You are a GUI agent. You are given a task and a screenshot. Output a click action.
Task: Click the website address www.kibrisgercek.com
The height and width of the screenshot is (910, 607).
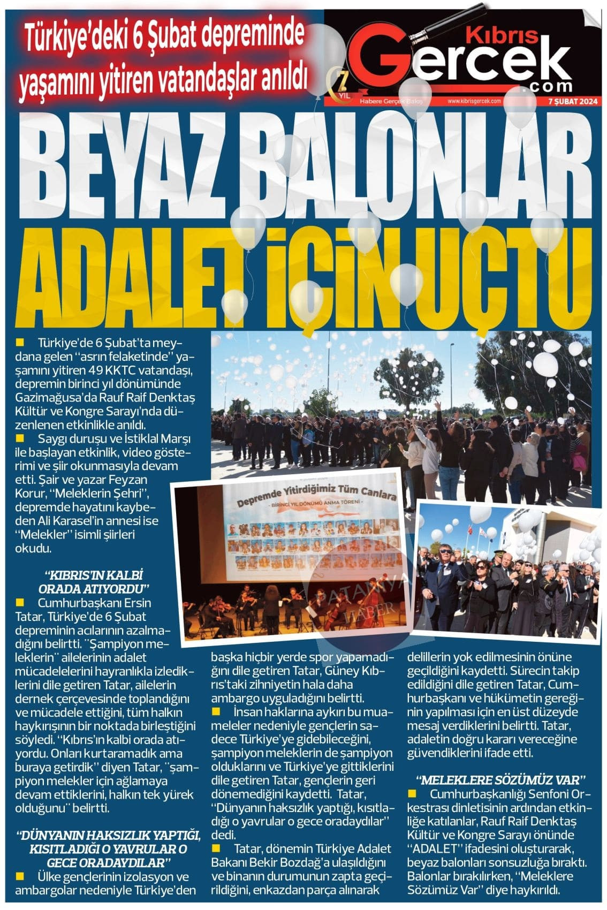[x=474, y=101]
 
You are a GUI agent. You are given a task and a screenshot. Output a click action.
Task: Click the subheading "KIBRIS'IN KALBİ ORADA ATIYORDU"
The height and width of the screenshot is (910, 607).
[x=94, y=582]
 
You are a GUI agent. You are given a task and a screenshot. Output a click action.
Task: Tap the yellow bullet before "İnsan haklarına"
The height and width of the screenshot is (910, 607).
[x=216, y=711]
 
